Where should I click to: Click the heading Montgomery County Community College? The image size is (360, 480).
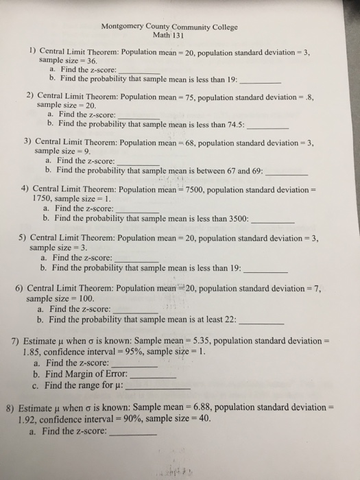click(169, 27)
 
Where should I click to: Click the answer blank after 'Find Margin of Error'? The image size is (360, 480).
click(153, 376)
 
